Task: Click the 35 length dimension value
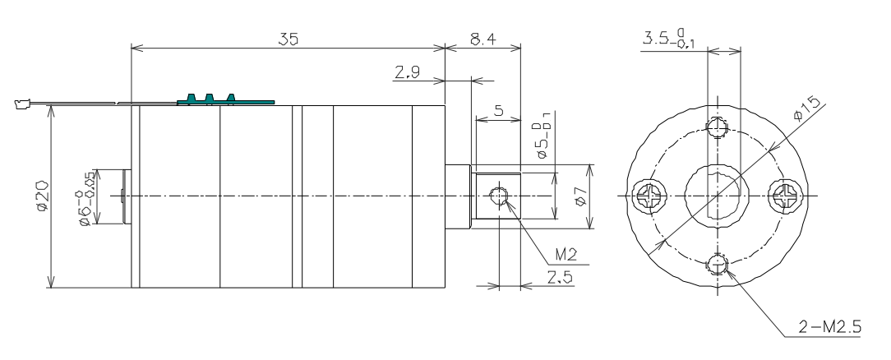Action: pos(289,38)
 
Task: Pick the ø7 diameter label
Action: pos(579,196)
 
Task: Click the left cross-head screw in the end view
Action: pos(645,196)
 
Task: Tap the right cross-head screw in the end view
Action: pos(782,196)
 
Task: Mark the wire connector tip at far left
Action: pos(21,104)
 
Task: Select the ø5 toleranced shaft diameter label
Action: pos(543,140)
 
